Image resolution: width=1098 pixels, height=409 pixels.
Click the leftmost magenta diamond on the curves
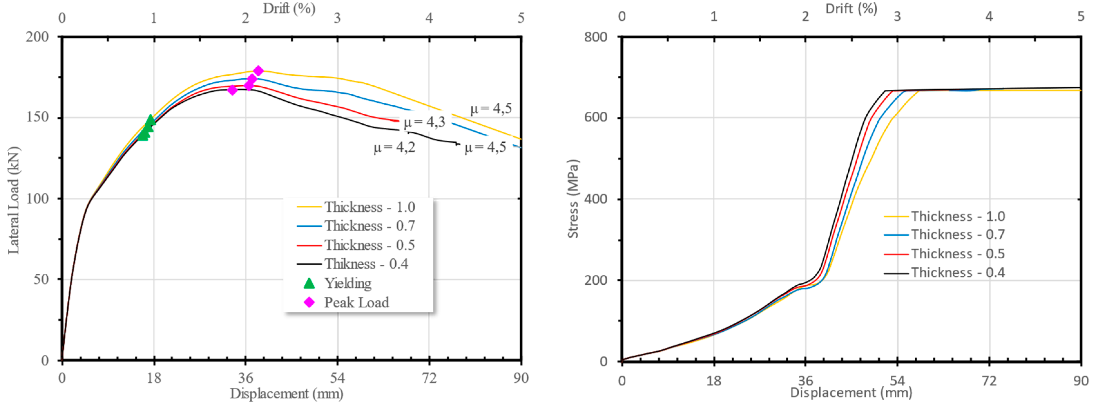pyautogui.click(x=232, y=90)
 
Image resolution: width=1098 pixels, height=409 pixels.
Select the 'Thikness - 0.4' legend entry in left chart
pyautogui.click(x=366, y=264)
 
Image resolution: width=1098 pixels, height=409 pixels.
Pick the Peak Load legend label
pyautogui.click(x=356, y=302)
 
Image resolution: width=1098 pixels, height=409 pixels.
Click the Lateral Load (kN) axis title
pyautogui.click(x=14, y=200)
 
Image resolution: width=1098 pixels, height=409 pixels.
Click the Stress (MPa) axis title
pyautogui.click(x=573, y=198)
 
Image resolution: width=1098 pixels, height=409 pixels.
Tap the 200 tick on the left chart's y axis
pyautogui.click(x=37, y=37)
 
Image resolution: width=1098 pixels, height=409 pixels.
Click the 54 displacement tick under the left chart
pyautogui.click(x=337, y=378)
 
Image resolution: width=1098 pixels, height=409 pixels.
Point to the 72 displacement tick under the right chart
pyautogui.click(x=989, y=380)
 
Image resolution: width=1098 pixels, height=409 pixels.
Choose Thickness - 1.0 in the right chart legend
pyautogui.click(x=958, y=216)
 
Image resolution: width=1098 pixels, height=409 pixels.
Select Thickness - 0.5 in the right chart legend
pyautogui.click(x=958, y=254)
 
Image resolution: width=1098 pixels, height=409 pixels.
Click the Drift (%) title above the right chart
pyautogui.click(x=851, y=8)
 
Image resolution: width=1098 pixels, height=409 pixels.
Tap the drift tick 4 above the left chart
pyautogui.click(x=429, y=18)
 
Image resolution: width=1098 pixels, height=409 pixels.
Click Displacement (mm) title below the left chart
pyautogui.click(x=286, y=394)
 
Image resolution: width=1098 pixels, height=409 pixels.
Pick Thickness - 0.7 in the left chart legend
pyautogui.click(x=369, y=226)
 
